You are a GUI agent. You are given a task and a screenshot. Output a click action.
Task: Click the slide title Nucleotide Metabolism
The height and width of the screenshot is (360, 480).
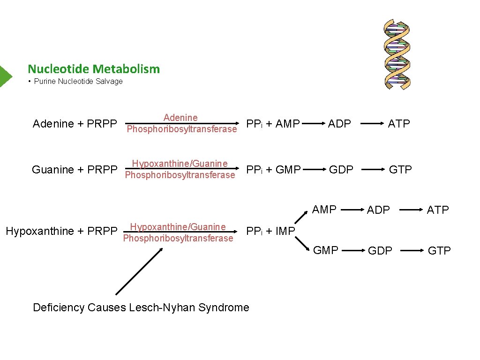click(94, 69)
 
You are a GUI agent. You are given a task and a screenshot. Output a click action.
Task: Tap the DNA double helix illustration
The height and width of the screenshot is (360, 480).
click(397, 54)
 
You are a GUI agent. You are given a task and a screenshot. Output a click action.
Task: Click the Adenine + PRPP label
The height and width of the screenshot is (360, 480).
click(75, 124)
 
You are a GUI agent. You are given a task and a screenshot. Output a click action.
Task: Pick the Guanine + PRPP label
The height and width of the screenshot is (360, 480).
click(75, 170)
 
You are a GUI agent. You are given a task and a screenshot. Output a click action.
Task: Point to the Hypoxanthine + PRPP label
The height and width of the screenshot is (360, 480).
click(61, 231)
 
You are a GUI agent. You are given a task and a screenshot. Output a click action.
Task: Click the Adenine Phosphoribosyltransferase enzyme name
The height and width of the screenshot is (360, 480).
click(181, 123)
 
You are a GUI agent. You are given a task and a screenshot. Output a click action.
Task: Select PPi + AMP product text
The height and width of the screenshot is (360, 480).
click(273, 124)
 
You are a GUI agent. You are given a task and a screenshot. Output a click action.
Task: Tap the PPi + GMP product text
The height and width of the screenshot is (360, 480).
click(273, 170)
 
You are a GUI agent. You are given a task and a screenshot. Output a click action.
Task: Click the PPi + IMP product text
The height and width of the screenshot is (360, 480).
click(270, 231)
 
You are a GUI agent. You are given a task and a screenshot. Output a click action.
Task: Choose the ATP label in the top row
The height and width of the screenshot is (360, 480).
click(399, 124)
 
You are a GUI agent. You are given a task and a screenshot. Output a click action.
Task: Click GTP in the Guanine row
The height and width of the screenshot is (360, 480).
click(400, 170)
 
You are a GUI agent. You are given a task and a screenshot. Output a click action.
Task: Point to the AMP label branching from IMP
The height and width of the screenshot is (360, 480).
click(324, 210)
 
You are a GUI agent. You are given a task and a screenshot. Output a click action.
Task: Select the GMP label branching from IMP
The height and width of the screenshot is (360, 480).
click(325, 250)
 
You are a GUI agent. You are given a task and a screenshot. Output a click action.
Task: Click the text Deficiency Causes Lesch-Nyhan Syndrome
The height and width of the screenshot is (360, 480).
click(141, 307)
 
